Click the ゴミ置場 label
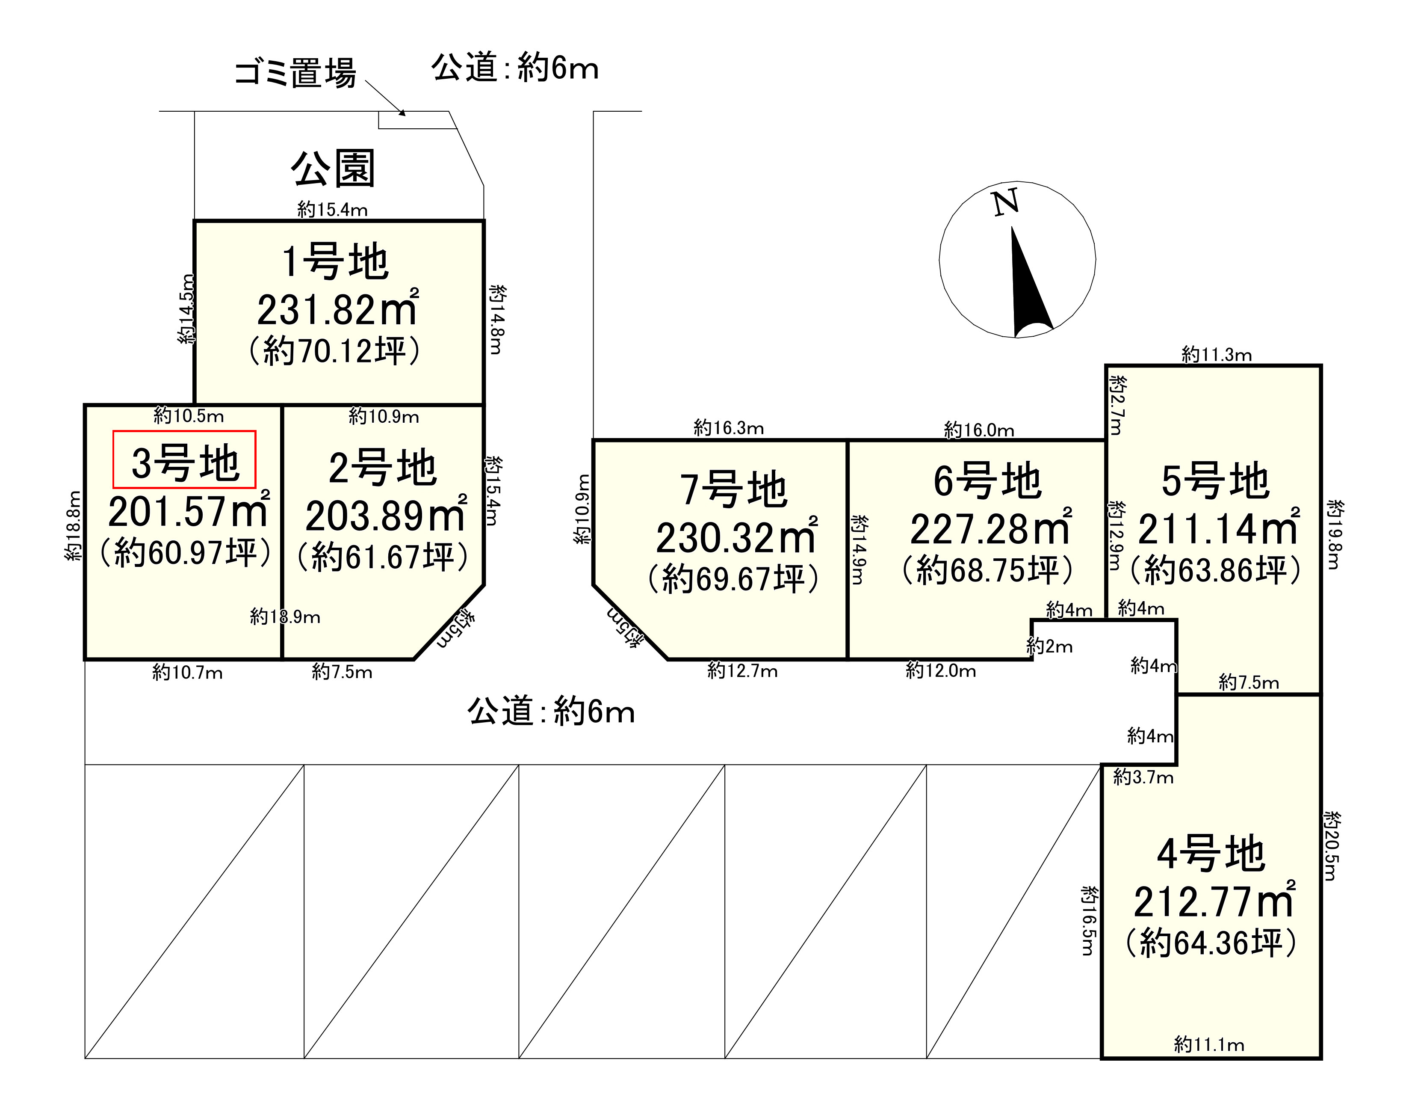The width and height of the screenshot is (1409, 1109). [295, 73]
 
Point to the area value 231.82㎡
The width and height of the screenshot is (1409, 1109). [337, 310]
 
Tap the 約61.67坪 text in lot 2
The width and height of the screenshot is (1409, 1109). [383, 557]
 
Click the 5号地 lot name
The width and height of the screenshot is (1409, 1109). [1215, 481]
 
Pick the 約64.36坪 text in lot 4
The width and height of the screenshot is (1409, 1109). [1211, 943]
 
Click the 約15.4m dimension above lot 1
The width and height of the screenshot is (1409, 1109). [332, 210]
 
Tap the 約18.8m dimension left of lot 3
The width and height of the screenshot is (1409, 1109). [74, 526]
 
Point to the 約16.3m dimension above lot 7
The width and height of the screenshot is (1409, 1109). [728, 428]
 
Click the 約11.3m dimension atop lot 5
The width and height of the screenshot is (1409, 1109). [1216, 355]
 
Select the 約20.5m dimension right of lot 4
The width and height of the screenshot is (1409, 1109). [1331, 846]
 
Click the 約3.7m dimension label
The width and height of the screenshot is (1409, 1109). [1143, 777]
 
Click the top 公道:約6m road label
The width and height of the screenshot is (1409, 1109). [515, 68]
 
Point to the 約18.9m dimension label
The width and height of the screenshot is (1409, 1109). [285, 617]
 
